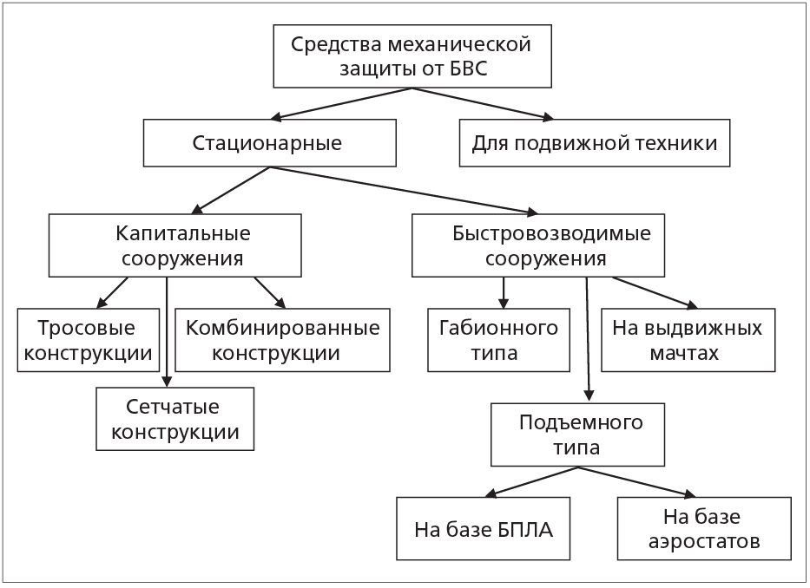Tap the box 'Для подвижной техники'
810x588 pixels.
tap(595, 143)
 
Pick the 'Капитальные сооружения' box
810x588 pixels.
tap(175, 245)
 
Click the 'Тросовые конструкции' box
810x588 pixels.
tap(89, 341)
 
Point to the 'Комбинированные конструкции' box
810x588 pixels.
tap(283, 341)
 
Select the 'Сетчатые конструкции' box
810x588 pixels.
tap(175, 419)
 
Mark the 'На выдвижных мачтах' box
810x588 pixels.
tap(687, 341)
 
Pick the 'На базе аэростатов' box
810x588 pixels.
tap(703, 529)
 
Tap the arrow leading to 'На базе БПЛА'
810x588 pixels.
tap(530, 481)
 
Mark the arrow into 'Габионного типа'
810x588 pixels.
tap(503, 293)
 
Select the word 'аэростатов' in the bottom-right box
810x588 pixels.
tap(704, 542)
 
